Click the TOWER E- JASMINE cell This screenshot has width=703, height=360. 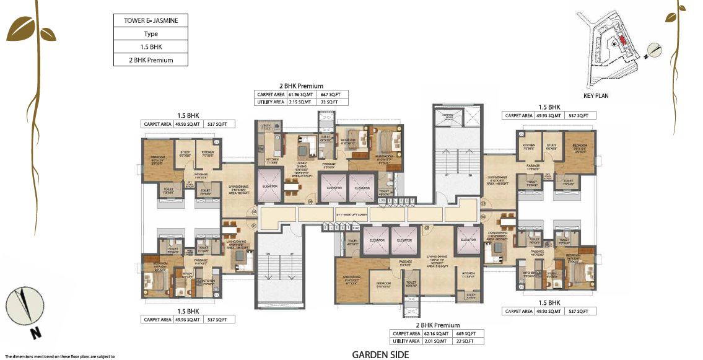151,21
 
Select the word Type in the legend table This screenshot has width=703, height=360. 151,34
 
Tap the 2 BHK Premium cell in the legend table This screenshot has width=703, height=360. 151,60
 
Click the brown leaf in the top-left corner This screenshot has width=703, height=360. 21,27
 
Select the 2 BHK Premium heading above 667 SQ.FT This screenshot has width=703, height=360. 302,86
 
